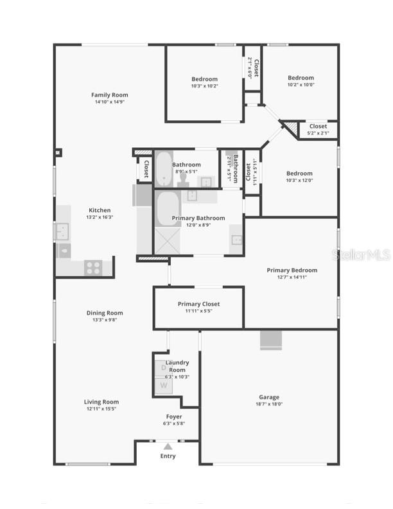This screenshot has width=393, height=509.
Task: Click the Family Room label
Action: point(109,95)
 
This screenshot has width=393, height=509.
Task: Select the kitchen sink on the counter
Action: point(62,230)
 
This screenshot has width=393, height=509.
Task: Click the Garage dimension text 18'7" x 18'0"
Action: point(269,405)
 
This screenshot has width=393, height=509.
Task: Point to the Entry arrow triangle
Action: point(168,446)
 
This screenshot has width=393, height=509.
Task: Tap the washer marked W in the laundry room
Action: point(163,386)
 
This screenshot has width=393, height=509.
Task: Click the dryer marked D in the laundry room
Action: point(163,368)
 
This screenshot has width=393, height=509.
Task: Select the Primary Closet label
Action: point(198,304)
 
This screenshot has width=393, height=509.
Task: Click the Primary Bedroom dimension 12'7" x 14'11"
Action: point(292,278)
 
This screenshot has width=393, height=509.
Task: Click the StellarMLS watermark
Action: point(361,255)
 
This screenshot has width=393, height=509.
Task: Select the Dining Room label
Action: point(105,313)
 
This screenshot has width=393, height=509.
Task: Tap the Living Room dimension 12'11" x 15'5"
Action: point(101,409)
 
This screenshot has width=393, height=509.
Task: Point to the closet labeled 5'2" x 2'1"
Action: point(317,130)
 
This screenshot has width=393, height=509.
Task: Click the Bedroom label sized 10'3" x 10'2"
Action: point(204,79)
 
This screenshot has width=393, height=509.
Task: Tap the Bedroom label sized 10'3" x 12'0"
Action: point(299,174)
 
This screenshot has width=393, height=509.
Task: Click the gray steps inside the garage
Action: point(270,340)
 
